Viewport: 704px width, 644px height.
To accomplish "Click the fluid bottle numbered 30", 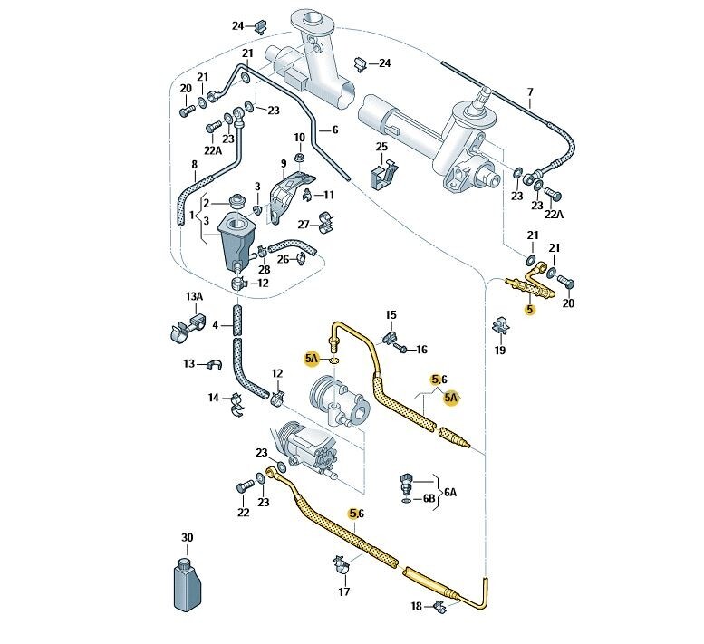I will click(x=187, y=583).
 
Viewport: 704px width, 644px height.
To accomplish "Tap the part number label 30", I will click(x=187, y=538).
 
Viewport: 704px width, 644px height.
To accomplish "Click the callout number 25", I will click(x=381, y=147).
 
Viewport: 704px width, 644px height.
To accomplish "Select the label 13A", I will click(x=193, y=297).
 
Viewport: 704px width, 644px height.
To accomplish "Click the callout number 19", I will click(x=500, y=350).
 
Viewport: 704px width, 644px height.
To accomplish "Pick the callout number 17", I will click(x=343, y=592).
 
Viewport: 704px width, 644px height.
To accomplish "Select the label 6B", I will click(x=429, y=497).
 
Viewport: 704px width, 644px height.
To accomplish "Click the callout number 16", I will click(x=421, y=349).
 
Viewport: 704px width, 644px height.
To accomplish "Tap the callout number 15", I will click(x=391, y=315).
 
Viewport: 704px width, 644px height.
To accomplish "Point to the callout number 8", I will click(x=193, y=165).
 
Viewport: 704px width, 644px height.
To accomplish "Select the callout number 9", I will click(x=283, y=165).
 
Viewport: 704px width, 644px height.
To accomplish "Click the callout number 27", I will click(x=304, y=225).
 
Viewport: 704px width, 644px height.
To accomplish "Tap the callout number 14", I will click(x=214, y=397).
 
